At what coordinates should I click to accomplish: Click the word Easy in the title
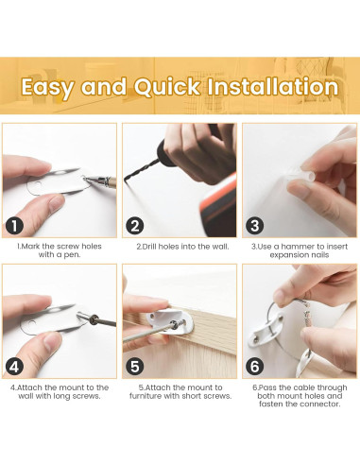point(48,88)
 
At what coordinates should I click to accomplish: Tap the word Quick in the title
point(167,87)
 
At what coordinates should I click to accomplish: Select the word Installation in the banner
point(273,87)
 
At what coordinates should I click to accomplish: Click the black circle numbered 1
point(14,226)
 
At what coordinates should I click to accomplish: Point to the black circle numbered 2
point(135,226)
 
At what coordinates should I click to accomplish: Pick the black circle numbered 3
point(255,226)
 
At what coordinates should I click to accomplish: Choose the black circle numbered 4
point(14,367)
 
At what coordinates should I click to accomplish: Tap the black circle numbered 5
point(135,367)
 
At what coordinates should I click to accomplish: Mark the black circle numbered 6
point(255,367)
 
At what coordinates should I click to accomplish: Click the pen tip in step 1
point(84,179)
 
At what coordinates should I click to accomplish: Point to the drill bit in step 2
point(142,170)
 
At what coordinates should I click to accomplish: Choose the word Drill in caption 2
point(149,247)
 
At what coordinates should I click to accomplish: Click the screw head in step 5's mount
point(173,324)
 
